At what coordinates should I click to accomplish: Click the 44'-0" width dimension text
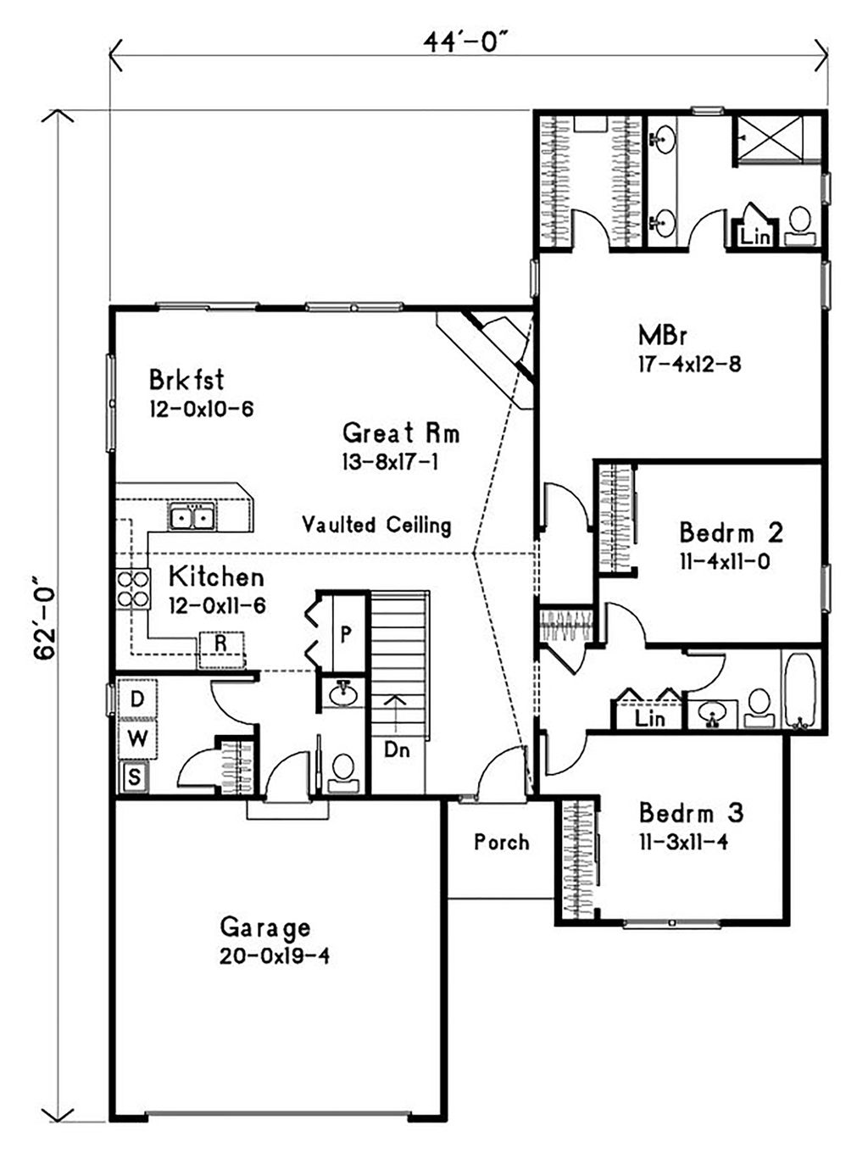[x=470, y=42]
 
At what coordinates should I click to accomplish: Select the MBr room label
[x=663, y=336]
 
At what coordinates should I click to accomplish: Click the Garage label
[x=264, y=927]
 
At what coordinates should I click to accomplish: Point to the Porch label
[x=502, y=842]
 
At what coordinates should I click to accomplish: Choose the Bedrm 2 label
[x=731, y=533]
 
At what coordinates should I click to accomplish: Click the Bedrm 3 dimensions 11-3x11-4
[x=683, y=843]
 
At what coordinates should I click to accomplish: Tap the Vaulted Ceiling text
[x=376, y=525]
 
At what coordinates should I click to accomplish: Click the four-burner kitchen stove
[x=133, y=589]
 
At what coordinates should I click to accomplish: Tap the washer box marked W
[x=137, y=738]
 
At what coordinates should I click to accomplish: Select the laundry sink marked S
[x=134, y=777]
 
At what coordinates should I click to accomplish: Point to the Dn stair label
[x=397, y=749]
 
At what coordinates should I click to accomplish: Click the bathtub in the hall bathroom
[x=799, y=690]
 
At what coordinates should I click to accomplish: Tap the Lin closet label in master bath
[x=754, y=237]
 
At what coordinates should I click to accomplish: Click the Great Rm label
[x=401, y=433]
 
